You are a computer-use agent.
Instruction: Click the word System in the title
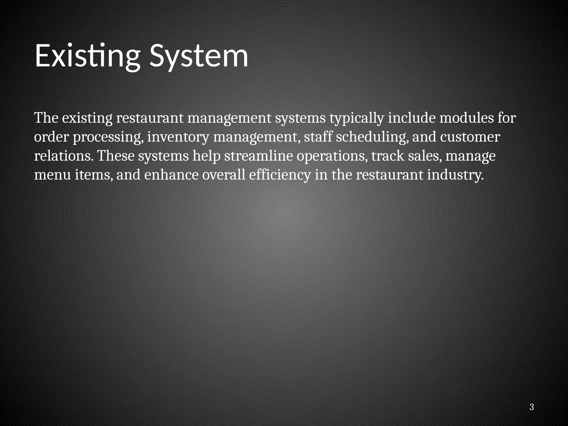pos(199,56)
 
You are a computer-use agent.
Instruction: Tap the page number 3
pos(531,407)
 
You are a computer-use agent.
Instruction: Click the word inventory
pos(178,137)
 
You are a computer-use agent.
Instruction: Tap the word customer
pos(470,137)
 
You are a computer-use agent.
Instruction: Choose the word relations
pos(64,156)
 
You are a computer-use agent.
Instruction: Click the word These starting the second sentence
pos(116,156)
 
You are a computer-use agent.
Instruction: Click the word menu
pos(52,175)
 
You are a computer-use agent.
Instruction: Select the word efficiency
pos(280,175)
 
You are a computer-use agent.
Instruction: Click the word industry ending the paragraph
pos(455,175)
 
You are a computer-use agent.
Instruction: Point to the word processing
pos(108,137)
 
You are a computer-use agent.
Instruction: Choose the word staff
pos(318,137)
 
